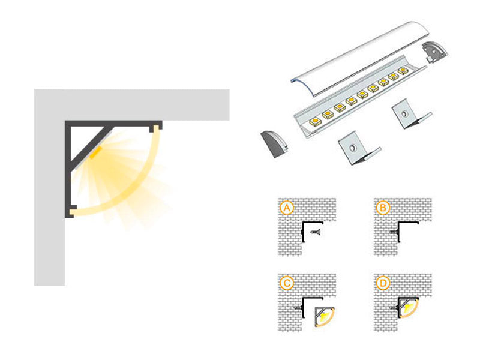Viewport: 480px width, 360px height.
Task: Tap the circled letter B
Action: (x=381, y=208)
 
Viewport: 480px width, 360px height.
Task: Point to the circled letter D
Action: (x=381, y=282)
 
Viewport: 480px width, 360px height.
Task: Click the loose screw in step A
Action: (x=315, y=231)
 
